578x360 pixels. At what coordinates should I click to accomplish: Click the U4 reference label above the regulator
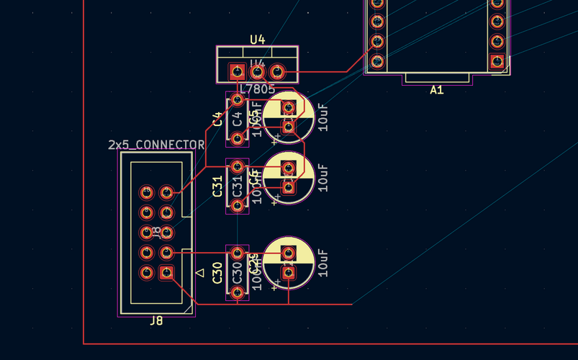click(258, 39)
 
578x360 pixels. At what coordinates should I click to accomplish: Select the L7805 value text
click(258, 89)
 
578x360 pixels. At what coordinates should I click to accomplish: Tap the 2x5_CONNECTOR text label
click(156, 145)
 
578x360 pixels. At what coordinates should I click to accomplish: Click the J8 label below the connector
click(156, 321)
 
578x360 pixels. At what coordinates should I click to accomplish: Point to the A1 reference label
click(437, 90)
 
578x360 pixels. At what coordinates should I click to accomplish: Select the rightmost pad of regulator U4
click(277, 72)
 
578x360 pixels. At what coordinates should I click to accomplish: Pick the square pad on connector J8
click(166, 273)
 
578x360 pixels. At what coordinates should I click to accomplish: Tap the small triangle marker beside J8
click(201, 273)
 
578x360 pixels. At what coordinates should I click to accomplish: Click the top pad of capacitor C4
click(238, 99)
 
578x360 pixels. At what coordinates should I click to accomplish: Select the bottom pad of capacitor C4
click(238, 138)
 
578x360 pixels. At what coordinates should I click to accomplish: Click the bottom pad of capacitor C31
click(238, 206)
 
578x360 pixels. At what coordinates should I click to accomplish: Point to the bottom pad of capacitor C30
click(238, 292)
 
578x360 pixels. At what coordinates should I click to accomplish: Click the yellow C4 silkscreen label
click(218, 119)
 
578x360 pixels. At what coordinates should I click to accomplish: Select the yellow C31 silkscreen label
click(218, 186)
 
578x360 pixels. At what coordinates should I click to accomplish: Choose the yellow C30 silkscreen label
click(218, 272)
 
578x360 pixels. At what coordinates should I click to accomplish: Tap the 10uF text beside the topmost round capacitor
click(323, 117)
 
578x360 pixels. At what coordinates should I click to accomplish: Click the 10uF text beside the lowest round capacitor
click(323, 264)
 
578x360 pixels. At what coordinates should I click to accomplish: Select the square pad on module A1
click(497, 61)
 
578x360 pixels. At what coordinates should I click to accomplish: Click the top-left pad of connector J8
click(147, 193)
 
